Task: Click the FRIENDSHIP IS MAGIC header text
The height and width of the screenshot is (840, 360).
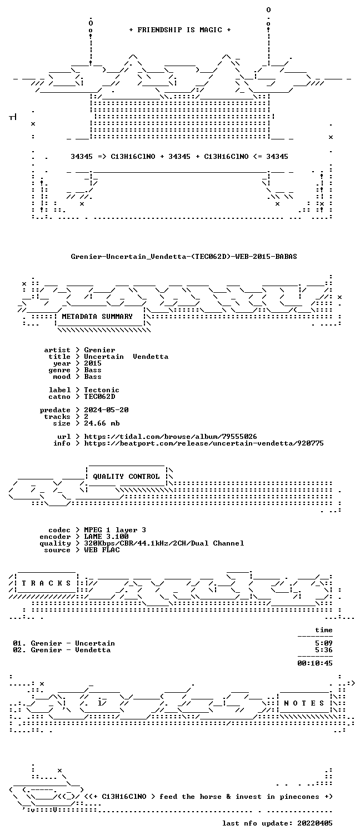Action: (180, 30)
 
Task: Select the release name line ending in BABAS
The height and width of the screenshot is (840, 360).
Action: (184, 257)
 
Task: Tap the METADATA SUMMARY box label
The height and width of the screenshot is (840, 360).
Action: (97, 317)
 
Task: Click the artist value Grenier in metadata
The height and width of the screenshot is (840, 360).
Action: (99, 350)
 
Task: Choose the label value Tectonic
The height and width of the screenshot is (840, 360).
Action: (101, 390)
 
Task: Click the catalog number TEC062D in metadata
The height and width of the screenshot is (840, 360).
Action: (99, 396)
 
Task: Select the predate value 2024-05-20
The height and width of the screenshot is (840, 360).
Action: (106, 410)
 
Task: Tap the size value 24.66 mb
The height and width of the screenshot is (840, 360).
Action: (102, 423)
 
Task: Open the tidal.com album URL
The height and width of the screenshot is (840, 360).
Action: (170, 437)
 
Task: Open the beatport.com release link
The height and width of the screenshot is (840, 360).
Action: (204, 443)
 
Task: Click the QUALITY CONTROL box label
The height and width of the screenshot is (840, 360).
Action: (126, 476)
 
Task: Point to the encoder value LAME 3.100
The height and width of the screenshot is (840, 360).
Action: (106, 537)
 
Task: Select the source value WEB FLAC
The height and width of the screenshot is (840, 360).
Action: (102, 550)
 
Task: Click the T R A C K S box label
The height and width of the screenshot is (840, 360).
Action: (46, 583)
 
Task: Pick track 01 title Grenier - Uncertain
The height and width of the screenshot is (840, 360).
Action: (73, 643)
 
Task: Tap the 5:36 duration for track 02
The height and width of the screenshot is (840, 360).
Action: (324, 650)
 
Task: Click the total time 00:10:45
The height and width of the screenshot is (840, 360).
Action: (315, 663)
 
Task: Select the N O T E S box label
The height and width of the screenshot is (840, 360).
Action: (304, 703)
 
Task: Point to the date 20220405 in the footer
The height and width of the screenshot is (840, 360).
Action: (315, 823)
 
